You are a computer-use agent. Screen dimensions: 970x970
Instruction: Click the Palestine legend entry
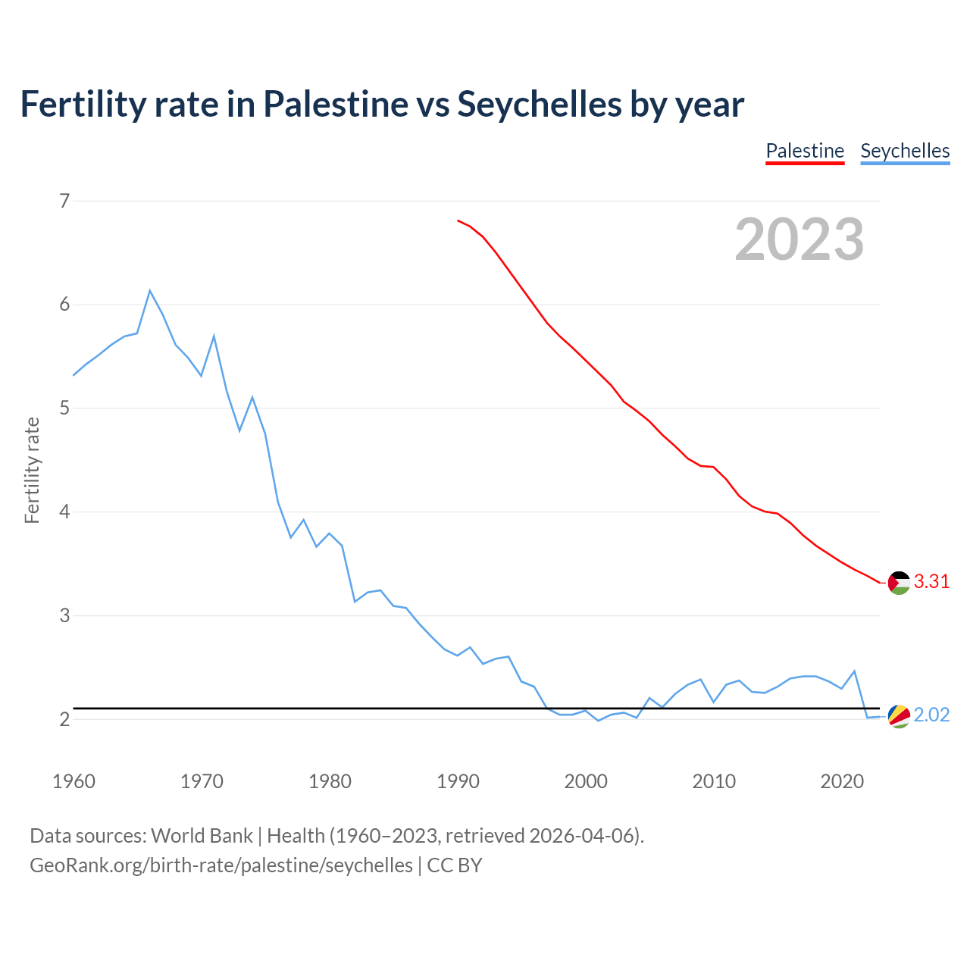[x=805, y=151]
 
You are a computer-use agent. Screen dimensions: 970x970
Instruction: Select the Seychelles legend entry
[x=905, y=151]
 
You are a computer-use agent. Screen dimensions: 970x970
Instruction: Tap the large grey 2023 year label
[x=799, y=239]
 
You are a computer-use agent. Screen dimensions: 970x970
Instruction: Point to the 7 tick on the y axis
[x=64, y=201]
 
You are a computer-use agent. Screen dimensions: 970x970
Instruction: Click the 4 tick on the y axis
[x=64, y=512]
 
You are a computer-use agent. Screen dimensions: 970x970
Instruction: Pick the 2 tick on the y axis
[x=64, y=719]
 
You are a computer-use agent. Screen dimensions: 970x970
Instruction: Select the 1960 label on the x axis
[x=74, y=781]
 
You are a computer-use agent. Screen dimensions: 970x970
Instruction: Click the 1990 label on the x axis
[x=458, y=781]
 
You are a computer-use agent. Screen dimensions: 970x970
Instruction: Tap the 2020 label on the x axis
[x=842, y=781]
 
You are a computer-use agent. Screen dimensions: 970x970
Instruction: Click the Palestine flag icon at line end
[x=899, y=583]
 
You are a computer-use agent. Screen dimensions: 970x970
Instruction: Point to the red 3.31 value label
[x=931, y=582]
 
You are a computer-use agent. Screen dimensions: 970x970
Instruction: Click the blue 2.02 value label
[x=931, y=715]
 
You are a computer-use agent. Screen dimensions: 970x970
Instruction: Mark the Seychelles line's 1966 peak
[x=150, y=290]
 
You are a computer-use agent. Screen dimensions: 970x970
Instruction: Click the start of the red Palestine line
[x=458, y=221]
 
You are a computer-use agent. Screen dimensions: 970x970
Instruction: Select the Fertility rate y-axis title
[x=32, y=470]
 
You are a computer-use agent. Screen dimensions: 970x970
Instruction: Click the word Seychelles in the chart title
[x=539, y=104]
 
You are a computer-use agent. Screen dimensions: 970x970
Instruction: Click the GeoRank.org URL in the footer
[x=221, y=865]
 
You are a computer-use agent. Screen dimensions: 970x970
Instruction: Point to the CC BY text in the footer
[x=455, y=865]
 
